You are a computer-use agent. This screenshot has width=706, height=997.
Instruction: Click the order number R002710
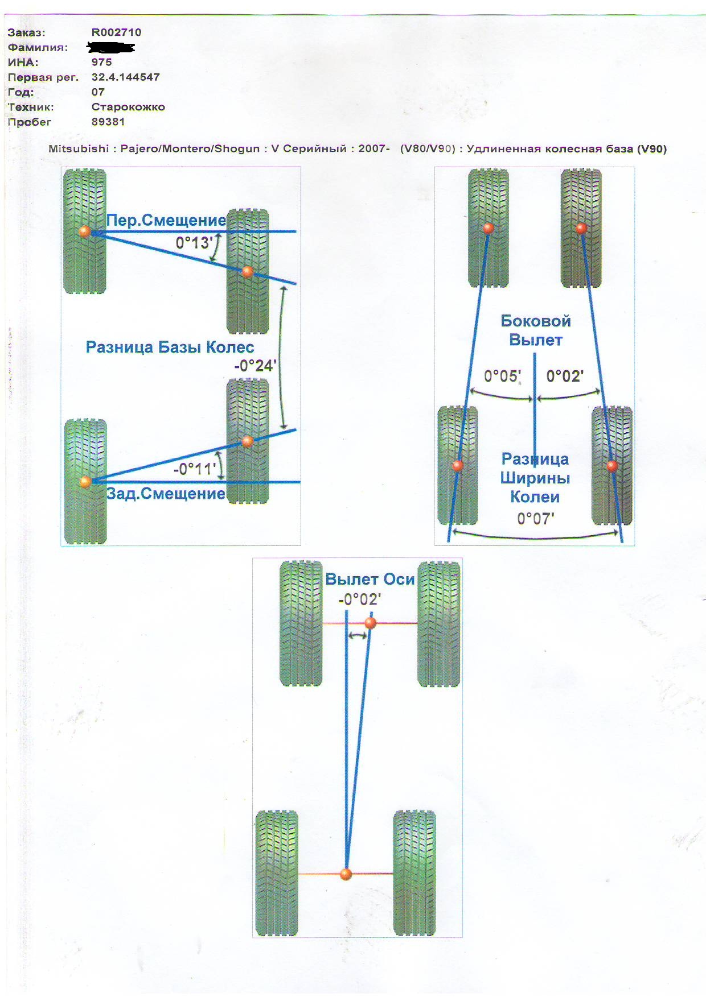pos(116,32)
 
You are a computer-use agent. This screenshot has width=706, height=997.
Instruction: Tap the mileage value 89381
pos(108,122)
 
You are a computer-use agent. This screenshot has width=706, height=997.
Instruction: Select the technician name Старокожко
pos(128,107)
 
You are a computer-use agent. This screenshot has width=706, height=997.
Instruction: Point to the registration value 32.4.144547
pos(125,77)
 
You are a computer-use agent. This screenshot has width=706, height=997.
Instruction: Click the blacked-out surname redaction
pos(110,47)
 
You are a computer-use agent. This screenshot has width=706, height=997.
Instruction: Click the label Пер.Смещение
pos(166,221)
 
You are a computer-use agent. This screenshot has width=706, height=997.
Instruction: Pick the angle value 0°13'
pos(194,243)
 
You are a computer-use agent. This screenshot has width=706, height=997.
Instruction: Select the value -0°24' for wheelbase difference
pos(255,366)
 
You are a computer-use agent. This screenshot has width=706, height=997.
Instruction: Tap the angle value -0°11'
pos(195,469)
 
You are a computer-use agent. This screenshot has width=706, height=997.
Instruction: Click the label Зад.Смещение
pos(166,493)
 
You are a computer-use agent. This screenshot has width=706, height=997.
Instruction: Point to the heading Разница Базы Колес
pos(170,347)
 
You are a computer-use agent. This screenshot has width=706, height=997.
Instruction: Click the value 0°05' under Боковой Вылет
pos(502,376)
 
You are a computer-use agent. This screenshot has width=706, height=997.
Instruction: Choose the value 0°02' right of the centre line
pos(565,376)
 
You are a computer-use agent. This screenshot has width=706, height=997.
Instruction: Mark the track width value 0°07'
pos(535,518)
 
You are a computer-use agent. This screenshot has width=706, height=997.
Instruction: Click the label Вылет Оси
pos(370,579)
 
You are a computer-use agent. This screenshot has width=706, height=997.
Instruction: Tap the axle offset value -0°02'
pos(359,599)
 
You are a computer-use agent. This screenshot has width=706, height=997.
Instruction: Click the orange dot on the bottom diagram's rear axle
pos(346,874)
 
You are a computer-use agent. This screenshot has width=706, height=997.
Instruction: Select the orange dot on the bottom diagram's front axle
pos(370,623)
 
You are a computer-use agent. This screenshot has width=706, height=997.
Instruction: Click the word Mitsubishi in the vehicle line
pos(79,149)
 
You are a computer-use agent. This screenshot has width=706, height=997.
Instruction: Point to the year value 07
pos(98,92)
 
